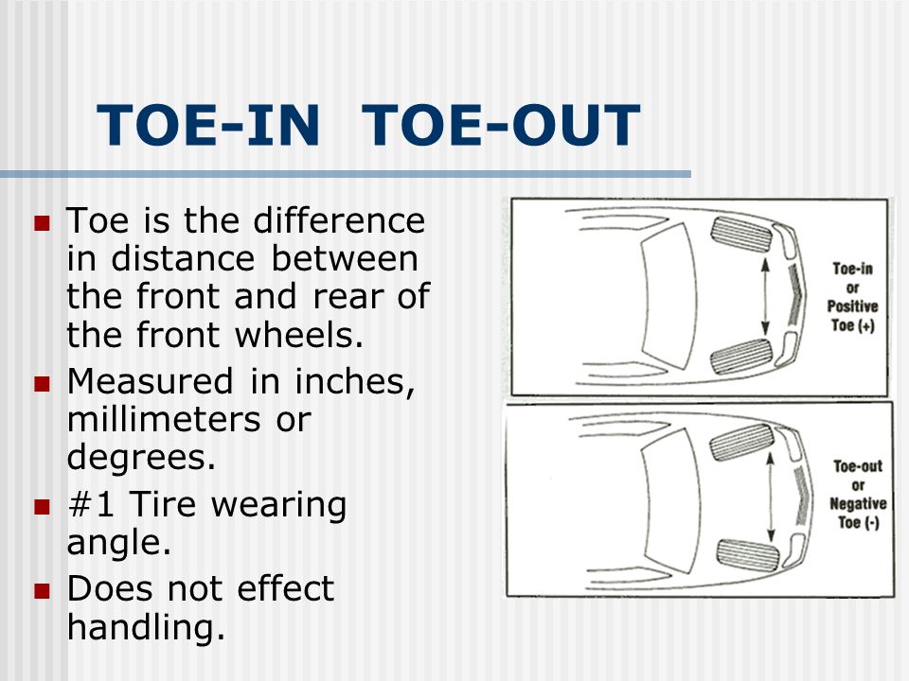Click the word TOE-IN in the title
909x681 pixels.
pos(208,125)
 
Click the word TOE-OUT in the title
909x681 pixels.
pos(501,125)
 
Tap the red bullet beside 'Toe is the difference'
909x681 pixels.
pos(43,223)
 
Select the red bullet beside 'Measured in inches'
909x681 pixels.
pos(43,384)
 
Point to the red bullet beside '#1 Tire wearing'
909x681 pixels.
pos(43,507)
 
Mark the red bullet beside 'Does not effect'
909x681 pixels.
pos(43,590)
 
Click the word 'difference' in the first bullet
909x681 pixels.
pos(339,220)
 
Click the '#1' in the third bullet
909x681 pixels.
pos(91,504)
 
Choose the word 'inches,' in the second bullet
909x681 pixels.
pos(355,382)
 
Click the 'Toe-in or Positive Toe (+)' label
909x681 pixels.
pos(852,297)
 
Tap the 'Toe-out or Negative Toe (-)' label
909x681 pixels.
pos(858,495)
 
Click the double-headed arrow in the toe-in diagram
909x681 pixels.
pos(765,296)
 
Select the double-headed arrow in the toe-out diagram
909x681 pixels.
pos(771,497)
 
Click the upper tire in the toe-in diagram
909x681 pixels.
pos(741,236)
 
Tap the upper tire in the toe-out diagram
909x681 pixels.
pos(741,442)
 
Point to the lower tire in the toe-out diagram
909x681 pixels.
pos(748,555)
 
